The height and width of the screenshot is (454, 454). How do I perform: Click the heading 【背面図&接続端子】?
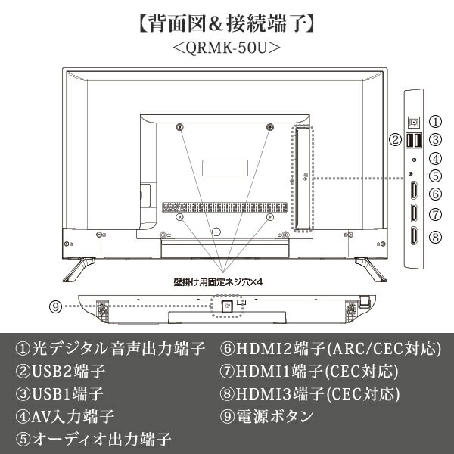pyautogui.click(x=226, y=21)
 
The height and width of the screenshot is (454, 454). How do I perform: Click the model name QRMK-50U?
pyautogui.click(x=226, y=48)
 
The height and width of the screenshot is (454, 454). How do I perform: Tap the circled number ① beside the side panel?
pyautogui.click(x=435, y=121)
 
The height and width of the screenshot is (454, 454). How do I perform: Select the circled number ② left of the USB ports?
pyautogui.click(x=395, y=140)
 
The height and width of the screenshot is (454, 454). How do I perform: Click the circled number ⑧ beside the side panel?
pyautogui.click(x=435, y=237)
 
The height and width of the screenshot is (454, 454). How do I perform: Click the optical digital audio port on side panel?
pyautogui.click(x=413, y=121)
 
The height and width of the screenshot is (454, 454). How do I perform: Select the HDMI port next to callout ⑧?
pyautogui.click(x=413, y=237)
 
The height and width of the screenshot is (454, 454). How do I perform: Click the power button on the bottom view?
pyautogui.click(x=225, y=307)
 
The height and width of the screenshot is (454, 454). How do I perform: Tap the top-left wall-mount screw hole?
pyautogui.click(x=179, y=126)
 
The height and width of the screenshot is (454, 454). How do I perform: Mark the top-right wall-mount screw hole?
pyautogui.click(x=269, y=126)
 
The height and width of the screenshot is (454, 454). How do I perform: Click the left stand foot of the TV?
pyautogui.click(x=78, y=266)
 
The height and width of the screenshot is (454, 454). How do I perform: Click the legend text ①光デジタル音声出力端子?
pyautogui.click(x=110, y=349)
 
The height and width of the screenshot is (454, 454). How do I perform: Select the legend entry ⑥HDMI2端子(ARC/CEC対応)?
pyautogui.click(x=330, y=349)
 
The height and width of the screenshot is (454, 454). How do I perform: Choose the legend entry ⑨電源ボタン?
pyautogui.click(x=266, y=416)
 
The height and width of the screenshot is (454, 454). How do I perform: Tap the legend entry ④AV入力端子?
pyautogui.click(x=65, y=416)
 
